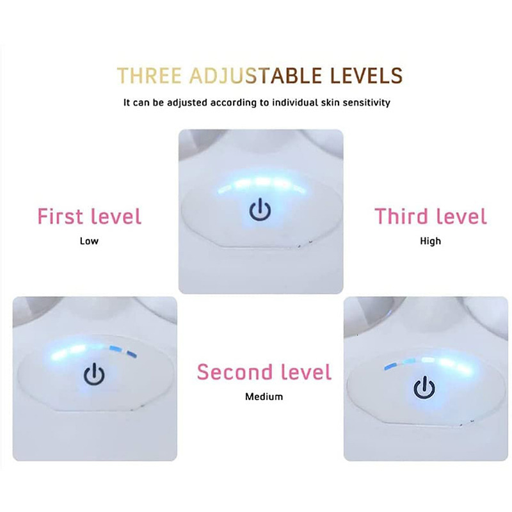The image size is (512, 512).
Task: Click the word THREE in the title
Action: (x=149, y=76)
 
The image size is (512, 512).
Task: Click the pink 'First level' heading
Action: (x=89, y=216)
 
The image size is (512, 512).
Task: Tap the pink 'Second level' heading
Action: (x=264, y=372)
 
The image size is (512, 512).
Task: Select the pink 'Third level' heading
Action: (x=431, y=216)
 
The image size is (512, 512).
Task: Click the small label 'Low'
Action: (x=89, y=241)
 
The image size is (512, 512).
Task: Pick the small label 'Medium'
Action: (x=264, y=397)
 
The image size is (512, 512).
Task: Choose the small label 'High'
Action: (x=431, y=241)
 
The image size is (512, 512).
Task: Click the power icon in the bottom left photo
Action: (x=94, y=375)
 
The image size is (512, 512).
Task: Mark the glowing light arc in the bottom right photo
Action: (x=427, y=364)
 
